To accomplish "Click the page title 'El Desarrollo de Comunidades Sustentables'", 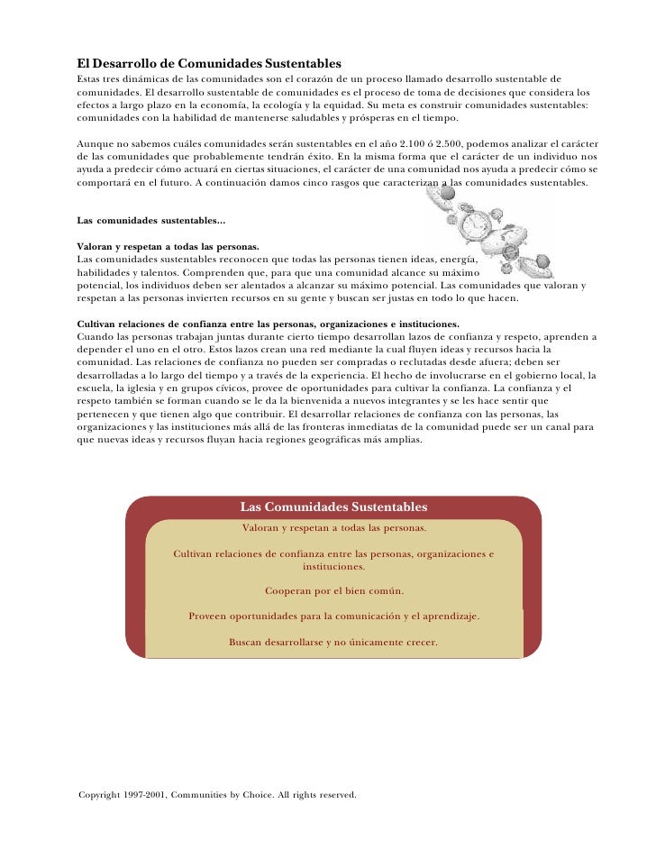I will [x=209, y=64].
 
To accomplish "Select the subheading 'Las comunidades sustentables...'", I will [x=152, y=220].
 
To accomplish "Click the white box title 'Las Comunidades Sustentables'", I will [x=333, y=507].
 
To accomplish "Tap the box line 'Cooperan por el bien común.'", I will [x=334, y=591].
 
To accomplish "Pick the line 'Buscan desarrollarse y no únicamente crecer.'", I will [x=333, y=643].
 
